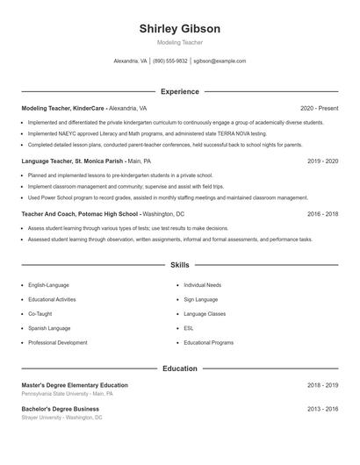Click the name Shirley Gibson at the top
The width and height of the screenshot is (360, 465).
179,28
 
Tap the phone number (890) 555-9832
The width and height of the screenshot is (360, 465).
170,61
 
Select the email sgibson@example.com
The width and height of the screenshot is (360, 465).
220,61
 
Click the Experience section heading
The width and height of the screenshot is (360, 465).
179,91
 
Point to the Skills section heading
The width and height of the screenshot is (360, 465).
179,264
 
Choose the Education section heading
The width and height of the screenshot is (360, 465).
179,368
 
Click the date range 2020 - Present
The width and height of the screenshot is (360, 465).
319,108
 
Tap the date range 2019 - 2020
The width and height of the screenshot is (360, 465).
322,161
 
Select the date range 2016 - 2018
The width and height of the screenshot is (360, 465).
322,214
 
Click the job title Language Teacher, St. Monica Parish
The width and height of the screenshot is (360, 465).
73,161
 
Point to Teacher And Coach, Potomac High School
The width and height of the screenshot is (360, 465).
80,214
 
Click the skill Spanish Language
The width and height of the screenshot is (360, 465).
49,328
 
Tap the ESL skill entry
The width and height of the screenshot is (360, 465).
189,328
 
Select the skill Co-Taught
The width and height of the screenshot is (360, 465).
40,313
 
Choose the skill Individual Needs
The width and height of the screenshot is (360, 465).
202,285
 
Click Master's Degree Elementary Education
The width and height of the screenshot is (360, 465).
75,385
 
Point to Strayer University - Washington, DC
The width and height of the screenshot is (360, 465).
61,418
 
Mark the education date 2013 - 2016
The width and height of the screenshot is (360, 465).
322,409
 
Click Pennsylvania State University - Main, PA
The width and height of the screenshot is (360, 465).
67,394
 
